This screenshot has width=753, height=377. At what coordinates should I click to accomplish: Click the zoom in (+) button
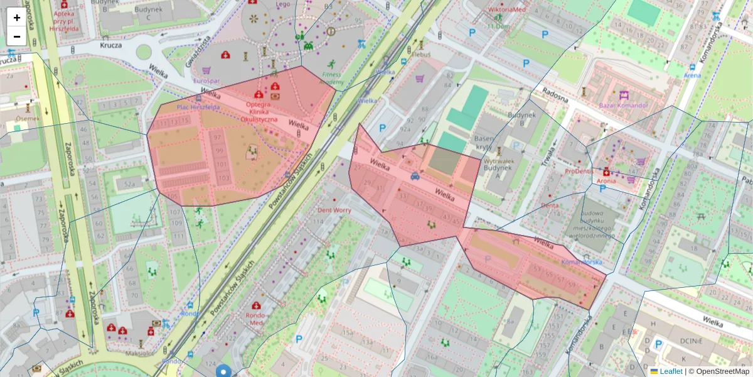coord(17,17)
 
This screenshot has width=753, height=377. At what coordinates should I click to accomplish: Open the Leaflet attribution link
coord(670,371)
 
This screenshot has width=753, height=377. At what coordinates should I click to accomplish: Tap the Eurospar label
coord(206,81)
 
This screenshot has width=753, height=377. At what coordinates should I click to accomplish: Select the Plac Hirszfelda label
coord(198,107)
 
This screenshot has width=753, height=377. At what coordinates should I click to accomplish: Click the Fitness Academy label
coord(332,78)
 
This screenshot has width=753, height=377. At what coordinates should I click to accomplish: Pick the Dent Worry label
coord(334,210)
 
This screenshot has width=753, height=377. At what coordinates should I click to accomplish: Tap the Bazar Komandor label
coord(623,105)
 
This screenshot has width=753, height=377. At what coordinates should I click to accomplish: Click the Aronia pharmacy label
coord(606,181)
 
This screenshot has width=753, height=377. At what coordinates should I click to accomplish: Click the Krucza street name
coord(110,45)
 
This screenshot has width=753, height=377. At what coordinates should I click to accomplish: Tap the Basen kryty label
coord(484,143)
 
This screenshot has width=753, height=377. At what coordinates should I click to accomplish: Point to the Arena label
coord(692,75)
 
